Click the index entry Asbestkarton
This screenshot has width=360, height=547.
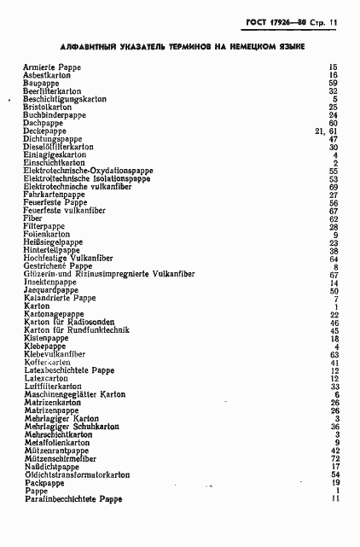[x=48, y=75]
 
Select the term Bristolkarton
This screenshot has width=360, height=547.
[x=48, y=107]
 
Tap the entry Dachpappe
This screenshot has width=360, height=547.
[x=44, y=123]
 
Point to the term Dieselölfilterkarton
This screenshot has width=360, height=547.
[x=59, y=147]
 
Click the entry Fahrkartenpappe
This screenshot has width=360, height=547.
[x=55, y=195]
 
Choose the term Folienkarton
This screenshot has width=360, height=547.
[x=46, y=234]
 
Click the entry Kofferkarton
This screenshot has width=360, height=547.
[x=48, y=362]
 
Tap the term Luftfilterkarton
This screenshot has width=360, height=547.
[x=53, y=387]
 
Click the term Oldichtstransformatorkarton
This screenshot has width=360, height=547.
[x=77, y=474]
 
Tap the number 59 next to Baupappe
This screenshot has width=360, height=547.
[x=334, y=83]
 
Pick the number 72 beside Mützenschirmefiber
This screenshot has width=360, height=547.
[x=334, y=458]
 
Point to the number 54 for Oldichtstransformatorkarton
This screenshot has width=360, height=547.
[x=334, y=474]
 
